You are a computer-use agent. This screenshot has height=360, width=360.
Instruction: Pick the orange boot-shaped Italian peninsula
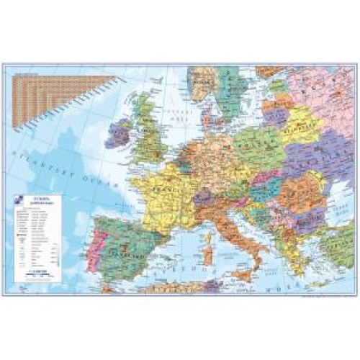(230, 230)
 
